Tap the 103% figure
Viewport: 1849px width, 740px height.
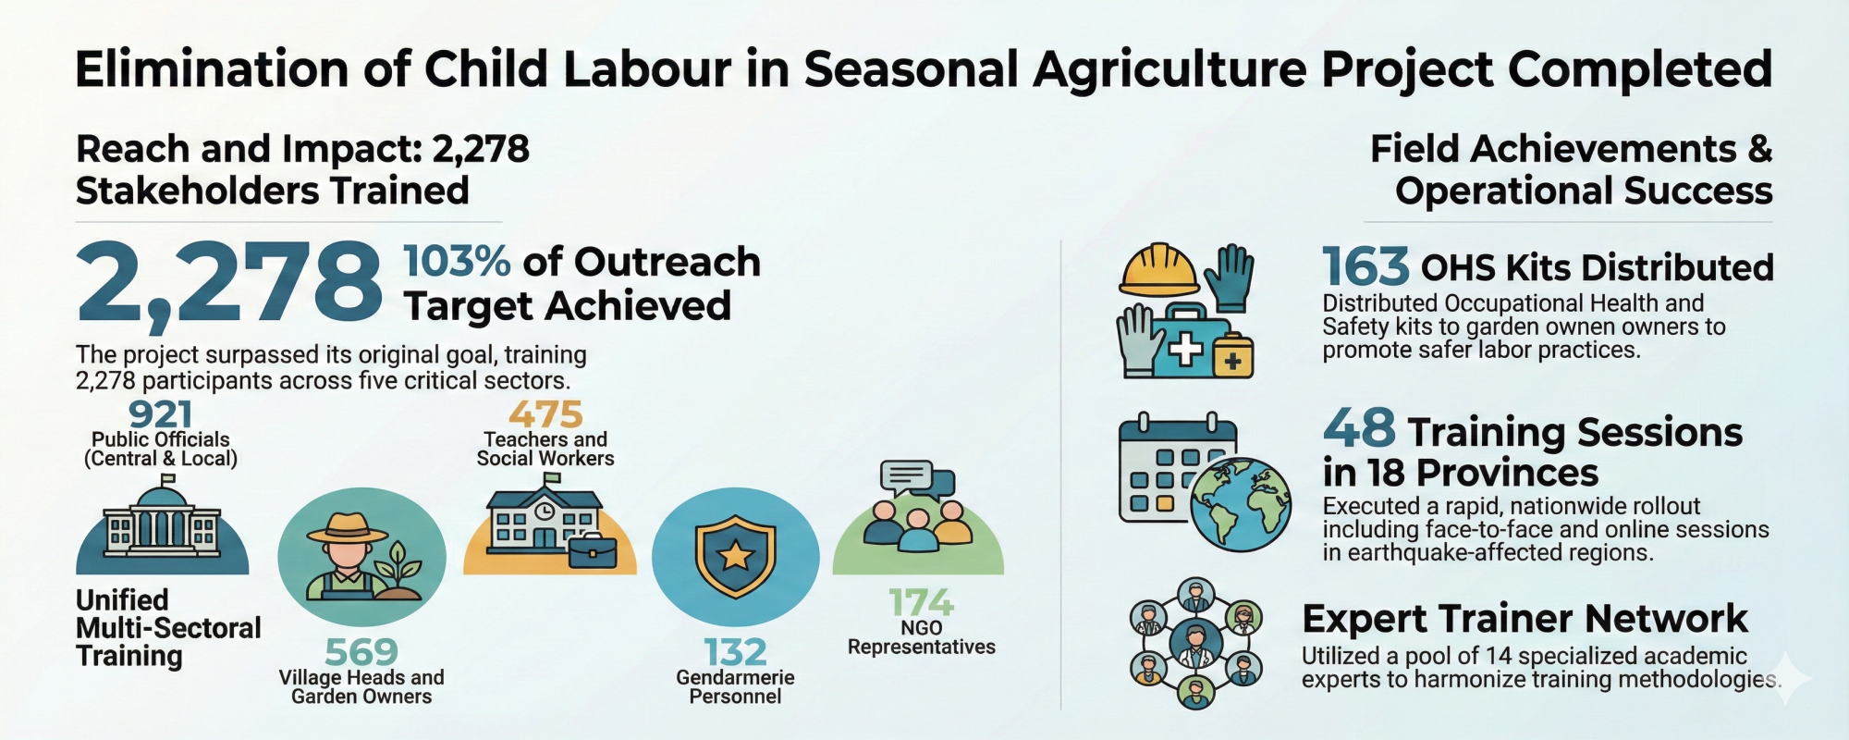coord(457,262)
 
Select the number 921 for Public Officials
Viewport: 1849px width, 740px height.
coord(161,414)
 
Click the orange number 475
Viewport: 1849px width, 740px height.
coord(545,414)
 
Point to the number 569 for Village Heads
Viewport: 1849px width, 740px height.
coord(361,652)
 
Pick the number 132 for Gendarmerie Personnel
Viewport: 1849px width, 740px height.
coord(735,652)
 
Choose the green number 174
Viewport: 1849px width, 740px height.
coord(921,603)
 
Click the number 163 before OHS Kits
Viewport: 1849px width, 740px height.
coord(1365,267)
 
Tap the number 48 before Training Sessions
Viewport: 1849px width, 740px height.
coord(1359,428)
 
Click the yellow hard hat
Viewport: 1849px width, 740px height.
coord(1158,270)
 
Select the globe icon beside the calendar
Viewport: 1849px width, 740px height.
coord(1241,505)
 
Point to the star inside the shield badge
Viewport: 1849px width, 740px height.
coord(736,556)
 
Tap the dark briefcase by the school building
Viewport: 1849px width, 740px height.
coord(593,551)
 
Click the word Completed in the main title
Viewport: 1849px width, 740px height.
coord(1640,69)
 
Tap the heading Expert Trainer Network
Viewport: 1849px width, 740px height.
coord(1525,618)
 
